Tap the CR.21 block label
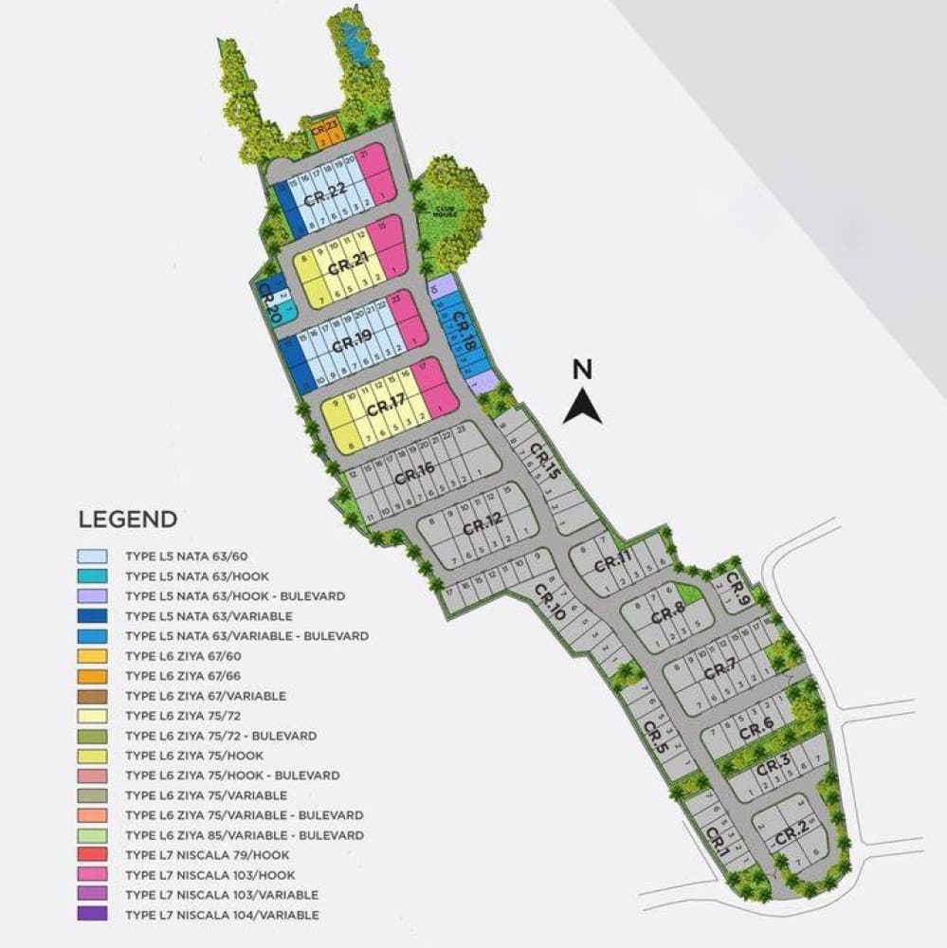347,267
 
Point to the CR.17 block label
386,408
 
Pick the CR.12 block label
483,523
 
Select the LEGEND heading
127,520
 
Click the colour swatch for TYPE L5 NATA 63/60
93,556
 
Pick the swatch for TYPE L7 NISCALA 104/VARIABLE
93,915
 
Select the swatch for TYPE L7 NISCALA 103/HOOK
93,875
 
